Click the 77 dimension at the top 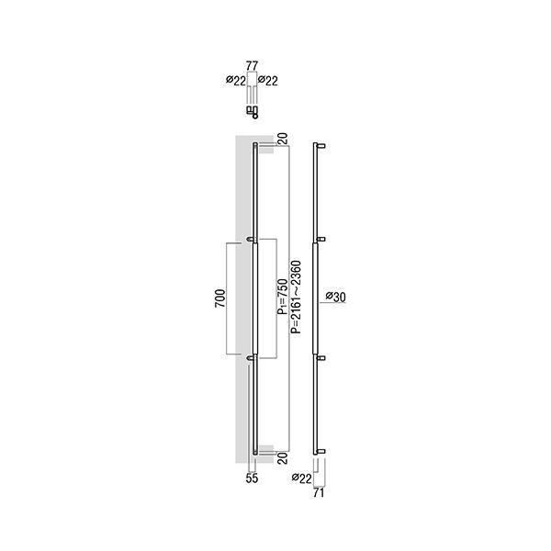point(252,66)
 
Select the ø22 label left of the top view point(236,81)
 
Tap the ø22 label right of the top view point(268,81)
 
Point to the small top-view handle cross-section point(253,112)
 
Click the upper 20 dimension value point(283,139)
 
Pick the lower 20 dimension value point(283,458)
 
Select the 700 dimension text point(220,298)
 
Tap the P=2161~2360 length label point(296,297)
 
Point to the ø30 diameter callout point(335,297)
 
